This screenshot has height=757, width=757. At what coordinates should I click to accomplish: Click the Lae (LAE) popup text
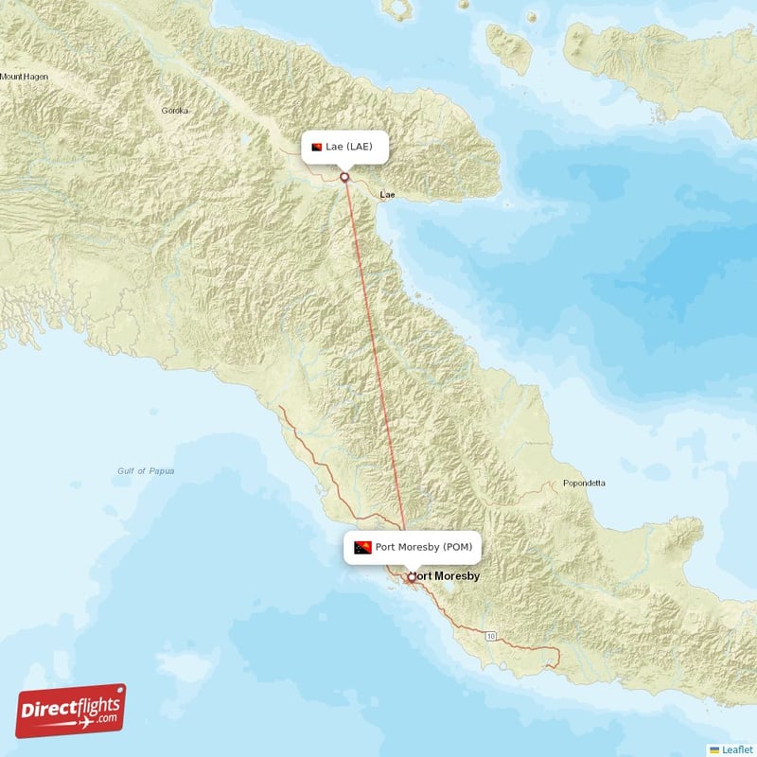pos(356,147)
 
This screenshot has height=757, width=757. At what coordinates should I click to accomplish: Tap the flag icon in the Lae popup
pos(316,147)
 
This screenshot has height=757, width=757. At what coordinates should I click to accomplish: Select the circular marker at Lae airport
pos(344,176)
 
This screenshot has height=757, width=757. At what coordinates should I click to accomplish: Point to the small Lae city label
pos(387,194)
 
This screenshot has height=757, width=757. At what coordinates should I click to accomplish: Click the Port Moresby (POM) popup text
pos(423,547)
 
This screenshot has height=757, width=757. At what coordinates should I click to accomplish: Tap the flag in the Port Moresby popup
pos(362,547)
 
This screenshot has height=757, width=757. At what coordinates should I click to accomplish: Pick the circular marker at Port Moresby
pos(411,577)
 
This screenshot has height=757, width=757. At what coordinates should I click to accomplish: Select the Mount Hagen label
pos(24,76)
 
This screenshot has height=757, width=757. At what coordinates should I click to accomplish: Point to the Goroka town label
pos(175,111)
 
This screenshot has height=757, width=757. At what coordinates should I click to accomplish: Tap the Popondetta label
pos(584,483)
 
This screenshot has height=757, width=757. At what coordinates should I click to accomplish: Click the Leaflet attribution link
pos(736,748)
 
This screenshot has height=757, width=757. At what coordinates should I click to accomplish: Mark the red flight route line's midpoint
pos(378,377)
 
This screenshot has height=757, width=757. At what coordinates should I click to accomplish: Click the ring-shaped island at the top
pos(401,9)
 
